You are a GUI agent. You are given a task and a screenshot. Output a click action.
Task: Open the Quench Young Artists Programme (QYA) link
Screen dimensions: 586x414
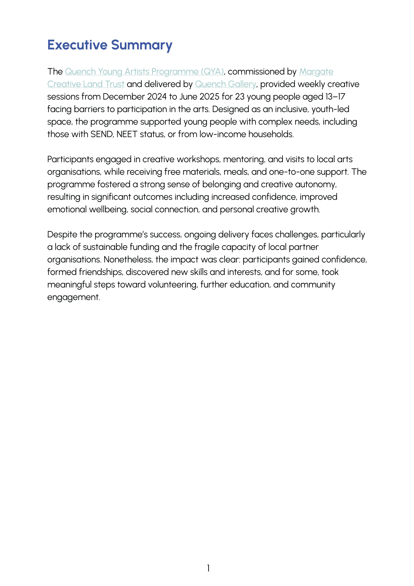[144, 72]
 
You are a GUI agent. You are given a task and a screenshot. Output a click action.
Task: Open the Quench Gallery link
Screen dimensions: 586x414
[225, 84]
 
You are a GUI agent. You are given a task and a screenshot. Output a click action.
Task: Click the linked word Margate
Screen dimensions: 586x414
[316, 72]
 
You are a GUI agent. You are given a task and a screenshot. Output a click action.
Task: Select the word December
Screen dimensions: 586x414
[124, 97]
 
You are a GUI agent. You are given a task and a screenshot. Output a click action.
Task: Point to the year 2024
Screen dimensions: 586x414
[157, 97]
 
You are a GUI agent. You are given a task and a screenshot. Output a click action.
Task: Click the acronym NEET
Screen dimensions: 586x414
[127, 134]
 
